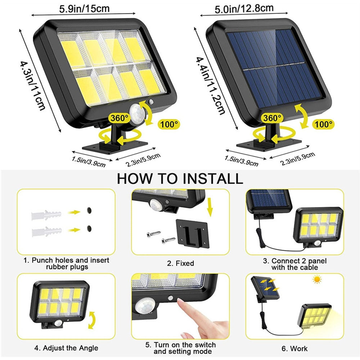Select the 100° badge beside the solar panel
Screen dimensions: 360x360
pos(324,125)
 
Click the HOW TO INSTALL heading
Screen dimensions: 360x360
pos(180,178)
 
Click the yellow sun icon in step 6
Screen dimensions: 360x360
pos(317,280)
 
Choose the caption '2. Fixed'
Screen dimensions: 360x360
pos(180,264)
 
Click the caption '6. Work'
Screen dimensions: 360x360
pos(294,348)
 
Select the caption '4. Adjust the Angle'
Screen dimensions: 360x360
pos(66,348)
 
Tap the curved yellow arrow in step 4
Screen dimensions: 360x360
pos(93,319)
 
